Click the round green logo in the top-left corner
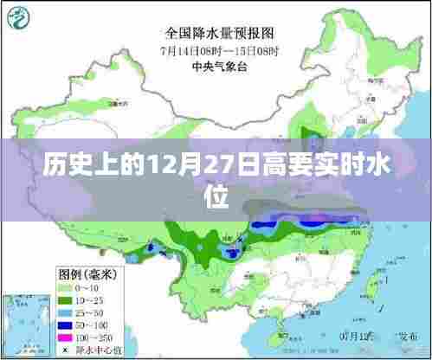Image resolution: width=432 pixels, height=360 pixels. pyautogui.click(x=20, y=16)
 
